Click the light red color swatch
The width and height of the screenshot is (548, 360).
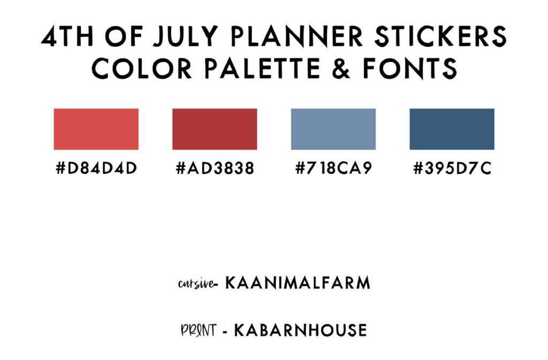click(x=96, y=129)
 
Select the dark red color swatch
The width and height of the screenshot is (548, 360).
click(x=215, y=129)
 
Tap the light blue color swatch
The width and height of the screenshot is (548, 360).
click(x=333, y=129)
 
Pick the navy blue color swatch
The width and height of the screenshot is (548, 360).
click(x=452, y=129)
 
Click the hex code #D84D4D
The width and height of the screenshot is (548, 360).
click(x=96, y=168)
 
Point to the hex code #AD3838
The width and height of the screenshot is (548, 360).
click(x=215, y=168)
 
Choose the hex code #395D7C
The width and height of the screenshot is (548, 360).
click(x=452, y=168)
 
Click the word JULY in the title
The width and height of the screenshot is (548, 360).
click(x=186, y=36)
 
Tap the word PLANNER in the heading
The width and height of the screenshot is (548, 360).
click(x=297, y=36)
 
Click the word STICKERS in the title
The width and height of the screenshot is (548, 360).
click(x=440, y=36)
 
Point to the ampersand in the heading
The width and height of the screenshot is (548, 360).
click(x=341, y=68)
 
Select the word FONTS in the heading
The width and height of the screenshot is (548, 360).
click(x=409, y=68)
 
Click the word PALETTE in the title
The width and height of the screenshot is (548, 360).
click(x=262, y=68)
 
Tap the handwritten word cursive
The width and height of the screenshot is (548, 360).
click(x=196, y=284)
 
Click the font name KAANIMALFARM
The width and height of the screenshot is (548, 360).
click(x=298, y=283)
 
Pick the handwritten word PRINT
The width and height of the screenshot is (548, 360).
click(x=199, y=330)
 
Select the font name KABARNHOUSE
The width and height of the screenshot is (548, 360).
click(x=301, y=331)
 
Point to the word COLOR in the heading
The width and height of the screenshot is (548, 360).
click(x=141, y=68)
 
